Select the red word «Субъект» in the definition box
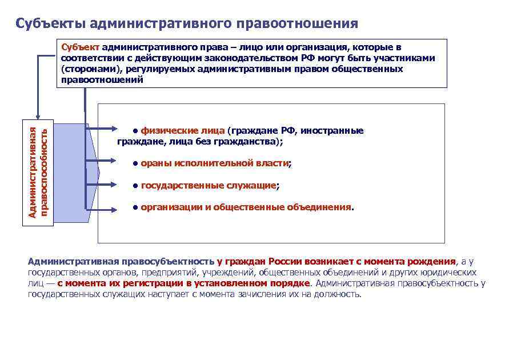[79, 47]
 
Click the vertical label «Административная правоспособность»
[39, 171]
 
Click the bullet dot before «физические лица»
[135, 130]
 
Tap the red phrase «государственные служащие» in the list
[209, 186]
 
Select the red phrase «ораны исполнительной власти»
[214, 163]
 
